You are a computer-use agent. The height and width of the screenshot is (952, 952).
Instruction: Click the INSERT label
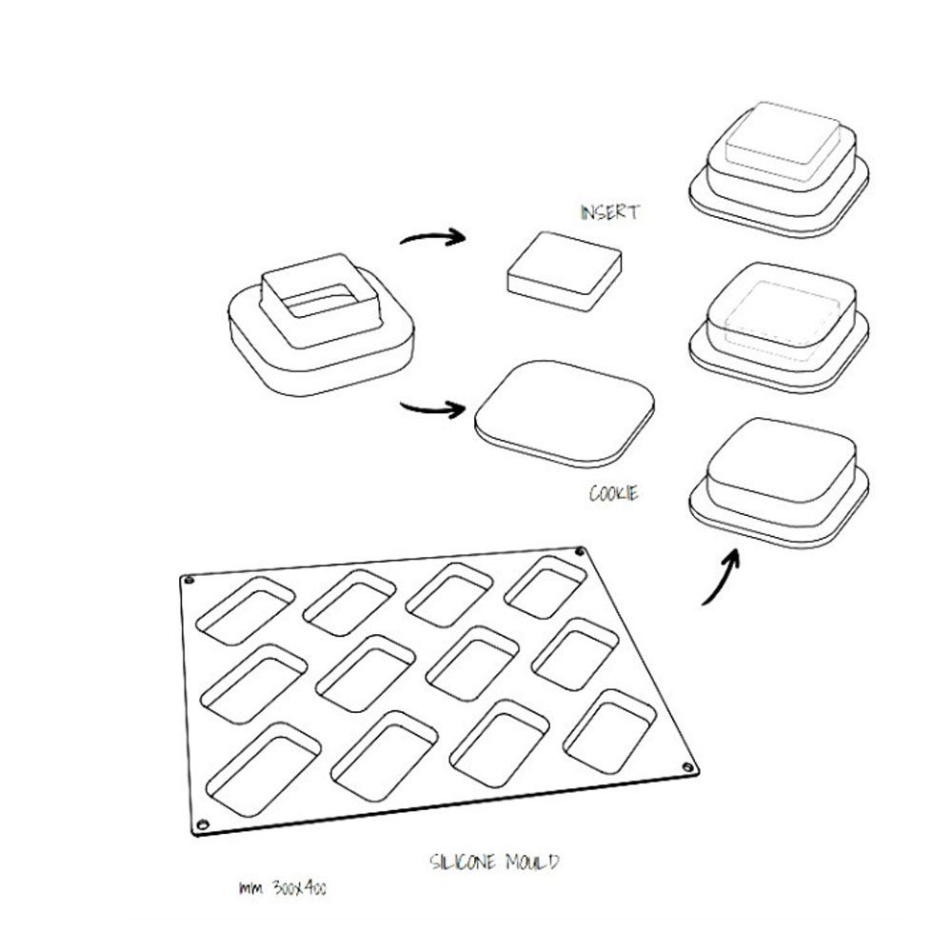tap(609, 213)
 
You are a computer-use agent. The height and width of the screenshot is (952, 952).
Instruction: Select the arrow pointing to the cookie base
tap(433, 410)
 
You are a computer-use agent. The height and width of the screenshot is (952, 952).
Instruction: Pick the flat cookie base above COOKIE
tap(565, 409)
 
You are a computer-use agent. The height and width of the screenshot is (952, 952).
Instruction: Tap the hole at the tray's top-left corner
tap(188, 580)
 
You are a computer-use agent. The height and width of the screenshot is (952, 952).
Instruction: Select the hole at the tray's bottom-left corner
tap(201, 823)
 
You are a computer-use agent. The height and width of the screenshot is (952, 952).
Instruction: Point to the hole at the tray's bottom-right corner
tap(687, 768)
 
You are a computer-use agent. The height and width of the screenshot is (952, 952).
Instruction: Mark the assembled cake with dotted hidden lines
tap(779, 323)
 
